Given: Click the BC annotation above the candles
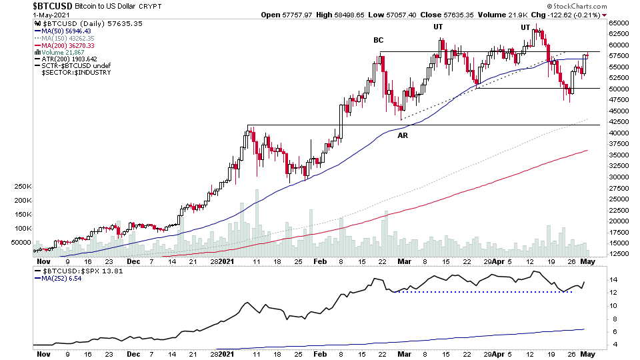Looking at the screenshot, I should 378,40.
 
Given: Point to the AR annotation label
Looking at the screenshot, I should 403,135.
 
